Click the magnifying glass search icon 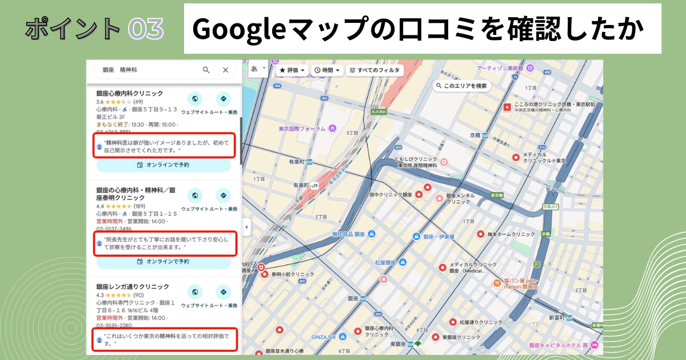206,70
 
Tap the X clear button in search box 225,70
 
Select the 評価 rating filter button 292,70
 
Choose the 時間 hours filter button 328,70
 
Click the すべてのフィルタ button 376,70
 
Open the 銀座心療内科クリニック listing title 129,93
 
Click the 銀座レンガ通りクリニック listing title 133,286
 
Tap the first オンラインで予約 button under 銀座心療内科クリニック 163,165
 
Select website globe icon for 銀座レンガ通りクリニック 195,292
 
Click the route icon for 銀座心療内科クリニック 223,98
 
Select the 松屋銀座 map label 386,262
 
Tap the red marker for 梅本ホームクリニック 481,234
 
